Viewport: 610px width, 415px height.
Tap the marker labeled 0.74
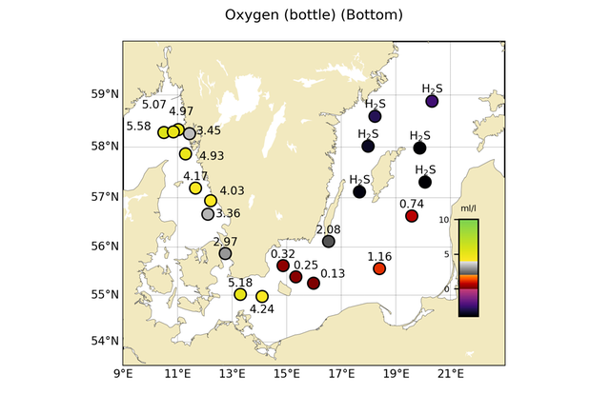(x=412, y=216)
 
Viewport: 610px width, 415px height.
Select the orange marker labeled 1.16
(x=379, y=268)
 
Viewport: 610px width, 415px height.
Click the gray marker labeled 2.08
(x=329, y=242)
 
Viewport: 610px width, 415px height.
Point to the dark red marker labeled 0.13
(x=314, y=283)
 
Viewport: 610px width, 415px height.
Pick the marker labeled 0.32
(x=283, y=266)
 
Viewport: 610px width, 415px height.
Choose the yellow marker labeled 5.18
(x=240, y=294)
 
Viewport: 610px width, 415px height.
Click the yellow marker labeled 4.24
(x=262, y=296)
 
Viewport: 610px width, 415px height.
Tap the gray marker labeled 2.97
(x=225, y=253)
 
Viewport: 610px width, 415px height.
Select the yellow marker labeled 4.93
(x=186, y=153)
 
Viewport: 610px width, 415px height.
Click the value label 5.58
(x=139, y=126)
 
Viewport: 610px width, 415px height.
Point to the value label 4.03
(x=233, y=191)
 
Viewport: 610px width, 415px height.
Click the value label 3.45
(x=209, y=130)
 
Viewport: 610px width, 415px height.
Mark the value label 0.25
(x=306, y=265)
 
